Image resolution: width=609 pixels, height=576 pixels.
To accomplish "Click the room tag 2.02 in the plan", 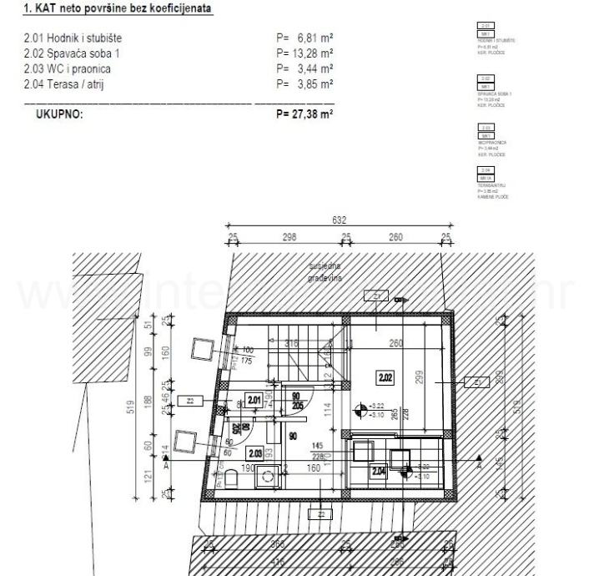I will tap(385, 377).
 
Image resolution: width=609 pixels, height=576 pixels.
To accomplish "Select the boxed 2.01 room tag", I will tap(254, 399).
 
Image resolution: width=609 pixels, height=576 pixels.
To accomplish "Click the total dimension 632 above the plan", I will tap(339, 221).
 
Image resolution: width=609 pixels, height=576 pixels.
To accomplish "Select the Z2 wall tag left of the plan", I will tap(189, 401).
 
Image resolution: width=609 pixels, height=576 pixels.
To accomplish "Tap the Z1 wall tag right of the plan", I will tap(476, 382).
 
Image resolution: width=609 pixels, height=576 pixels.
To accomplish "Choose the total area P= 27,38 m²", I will tap(304, 114).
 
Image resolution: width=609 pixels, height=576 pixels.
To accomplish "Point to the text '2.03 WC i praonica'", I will tap(68, 68).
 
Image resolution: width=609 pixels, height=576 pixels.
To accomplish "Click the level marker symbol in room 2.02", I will tap(360, 409).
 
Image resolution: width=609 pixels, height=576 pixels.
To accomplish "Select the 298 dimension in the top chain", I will tap(289, 236).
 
